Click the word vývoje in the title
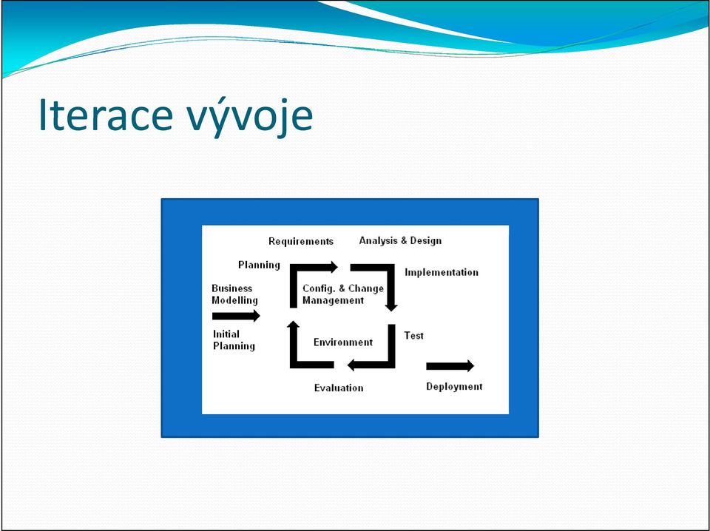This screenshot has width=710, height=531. (x=249, y=117)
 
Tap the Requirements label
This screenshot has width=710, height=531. (x=301, y=241)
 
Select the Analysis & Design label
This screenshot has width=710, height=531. (x=400, y=241)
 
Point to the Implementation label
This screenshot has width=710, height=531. (x=442, y=272)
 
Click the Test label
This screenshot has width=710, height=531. (x=414, y=336)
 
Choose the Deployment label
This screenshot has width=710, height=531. (x=454, y=387)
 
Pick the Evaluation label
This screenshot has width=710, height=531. (x=339, y=388)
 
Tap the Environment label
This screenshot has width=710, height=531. (x=343, y=342)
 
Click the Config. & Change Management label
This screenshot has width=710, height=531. (x=343, y=294)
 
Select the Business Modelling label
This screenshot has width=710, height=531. (x=234, y=294)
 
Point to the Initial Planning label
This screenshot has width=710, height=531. (x=234, y=340)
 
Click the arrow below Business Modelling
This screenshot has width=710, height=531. (x=236, y=316)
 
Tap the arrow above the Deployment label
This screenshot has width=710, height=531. (x=450, y=366)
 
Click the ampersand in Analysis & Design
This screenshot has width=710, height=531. (x=400, y=241)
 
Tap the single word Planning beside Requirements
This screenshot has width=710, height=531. (x=259, y=265)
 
